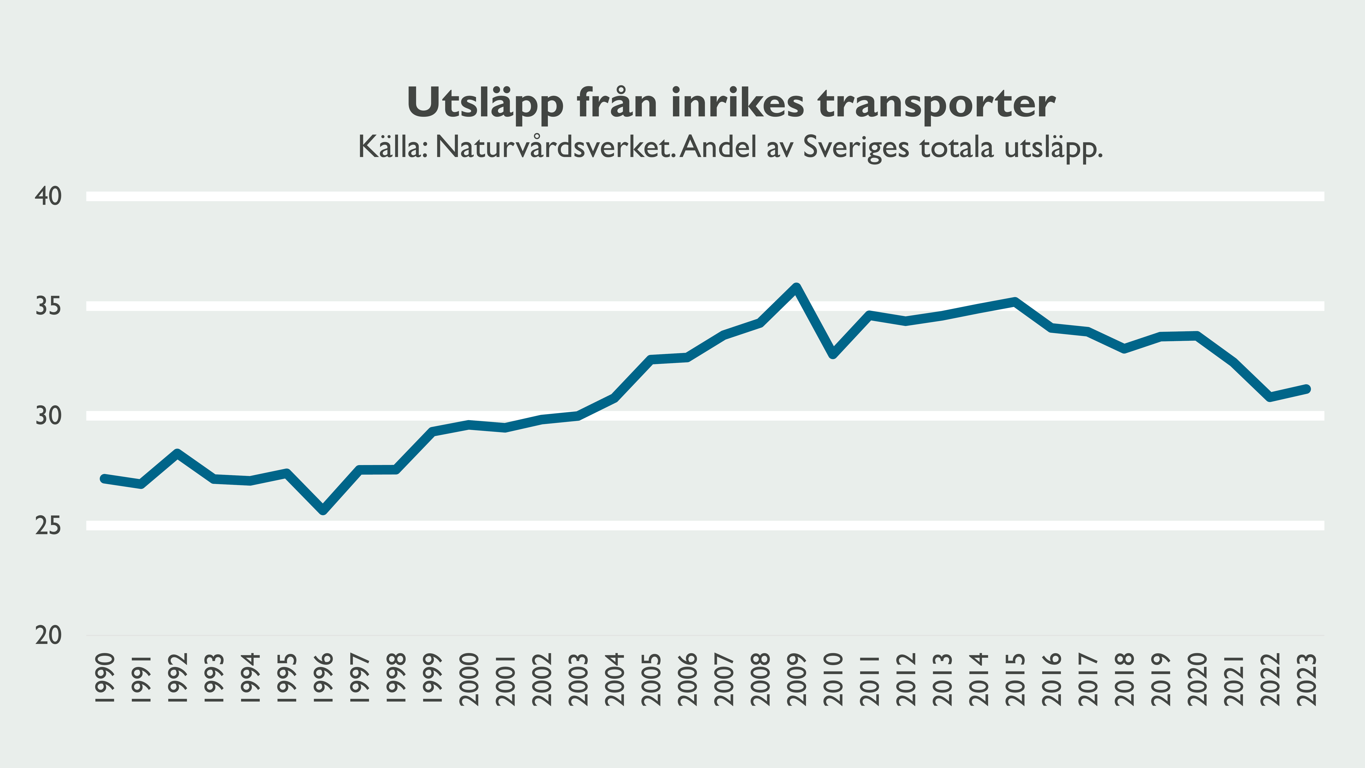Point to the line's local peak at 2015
pyautogui.click(x=1015, y=302)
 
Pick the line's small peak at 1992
pyautogui.click(x=177, y=453)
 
